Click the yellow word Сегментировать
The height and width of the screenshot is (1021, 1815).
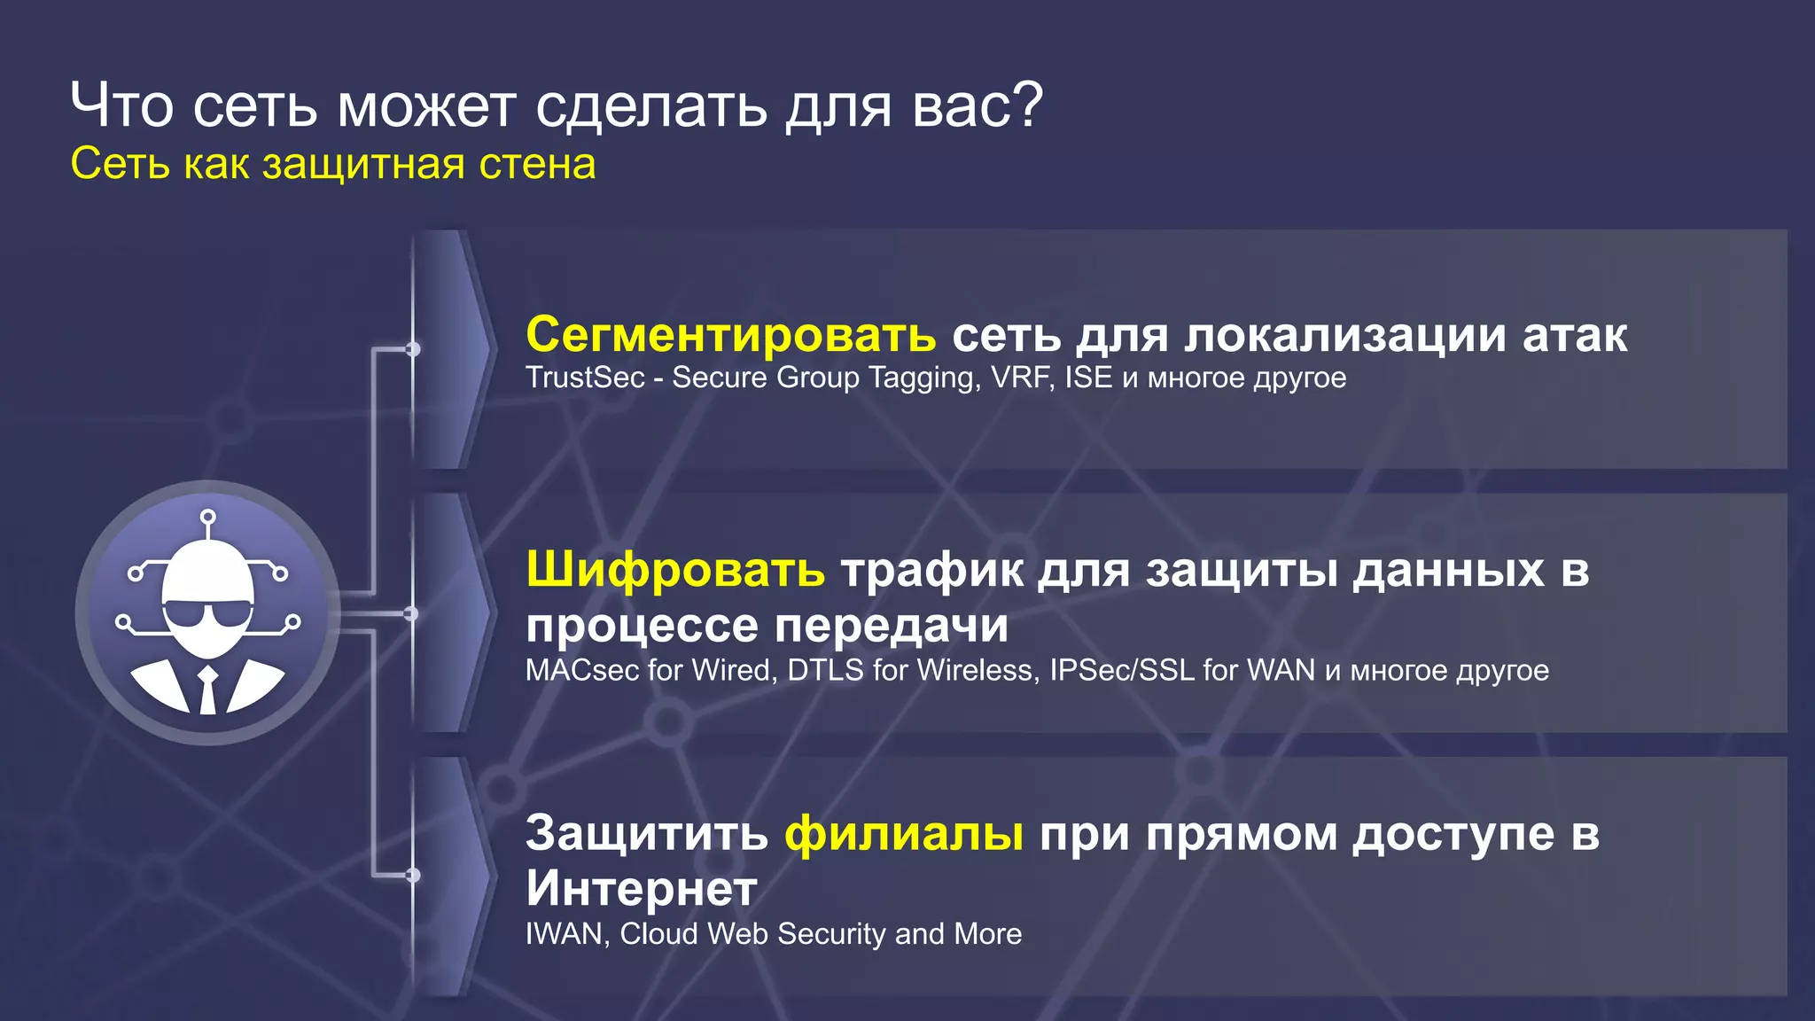[730, 335]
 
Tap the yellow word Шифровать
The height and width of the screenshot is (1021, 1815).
[675, 569]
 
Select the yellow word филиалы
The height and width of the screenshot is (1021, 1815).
[904, 833]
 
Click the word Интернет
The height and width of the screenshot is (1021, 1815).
[642, 888]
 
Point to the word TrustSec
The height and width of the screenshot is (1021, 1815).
[585, 378]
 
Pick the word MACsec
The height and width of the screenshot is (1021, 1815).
[582, 670]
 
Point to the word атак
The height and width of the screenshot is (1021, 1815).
[1575, 335]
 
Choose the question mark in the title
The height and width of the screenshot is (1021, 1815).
[1028, 105]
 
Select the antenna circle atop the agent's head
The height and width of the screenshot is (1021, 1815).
[207, 517]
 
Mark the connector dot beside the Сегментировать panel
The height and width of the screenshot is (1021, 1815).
[412, 349]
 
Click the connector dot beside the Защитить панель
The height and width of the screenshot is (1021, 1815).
[412, 876]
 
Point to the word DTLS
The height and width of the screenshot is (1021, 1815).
[825, 670]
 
